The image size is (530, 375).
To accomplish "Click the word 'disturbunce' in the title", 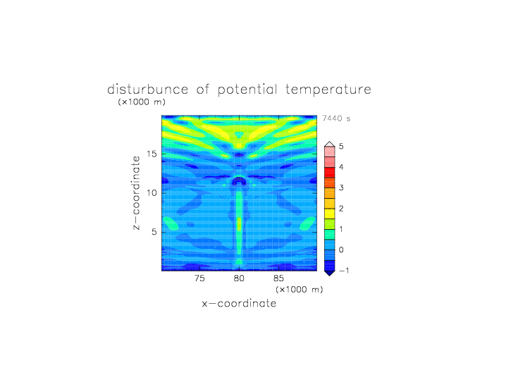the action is (x=147, y=90).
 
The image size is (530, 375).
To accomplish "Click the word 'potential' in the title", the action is (x=247, y=90).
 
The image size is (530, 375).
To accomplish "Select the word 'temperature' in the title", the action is (x=328, y=90).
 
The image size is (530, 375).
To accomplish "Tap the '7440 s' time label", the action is (x=336, y=118).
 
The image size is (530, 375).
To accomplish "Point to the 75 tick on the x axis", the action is (x=199, y=278).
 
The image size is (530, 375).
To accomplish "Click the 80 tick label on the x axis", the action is (x=239, y=278).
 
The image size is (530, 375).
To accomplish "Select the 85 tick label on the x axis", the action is (x=278, y=278).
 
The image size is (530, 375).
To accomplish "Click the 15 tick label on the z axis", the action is (x=152, y=154).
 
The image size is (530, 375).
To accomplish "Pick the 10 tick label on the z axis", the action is (x=152, y=192).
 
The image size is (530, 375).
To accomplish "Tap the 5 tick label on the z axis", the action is (x=154, y=232).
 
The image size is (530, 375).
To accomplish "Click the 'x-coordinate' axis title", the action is (x=239, y=303).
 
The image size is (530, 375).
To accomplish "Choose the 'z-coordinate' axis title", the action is (x=136, y=192).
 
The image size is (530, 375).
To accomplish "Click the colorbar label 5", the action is (x=341, y=146).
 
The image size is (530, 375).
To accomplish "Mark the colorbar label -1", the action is (x=344, y=271).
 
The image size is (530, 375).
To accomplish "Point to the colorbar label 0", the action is (x=341, y=250).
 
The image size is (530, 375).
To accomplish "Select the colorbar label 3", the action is (x=341, y=187).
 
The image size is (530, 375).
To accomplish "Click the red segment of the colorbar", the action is (x=330, y=173).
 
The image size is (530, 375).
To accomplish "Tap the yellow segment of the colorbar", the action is (x=330, y=214).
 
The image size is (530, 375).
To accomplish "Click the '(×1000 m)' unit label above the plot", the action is (x=142, y=102).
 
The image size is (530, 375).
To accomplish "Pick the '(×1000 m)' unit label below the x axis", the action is (x=300, y=290).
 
